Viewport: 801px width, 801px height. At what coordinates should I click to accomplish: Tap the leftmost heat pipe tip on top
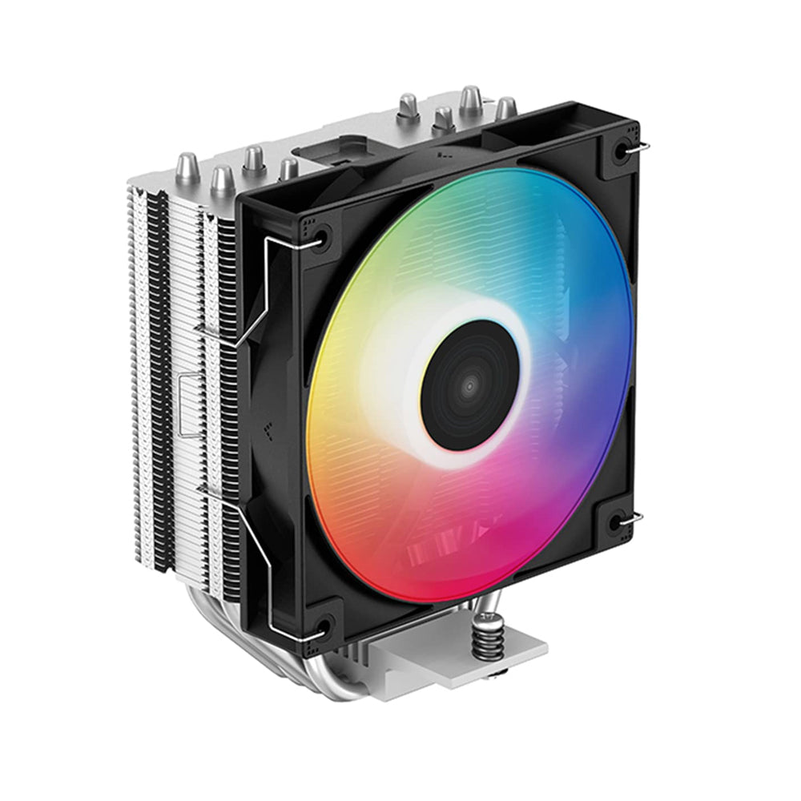(x=187, y=167)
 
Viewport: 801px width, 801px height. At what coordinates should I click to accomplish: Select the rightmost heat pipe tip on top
(x=505, y=107)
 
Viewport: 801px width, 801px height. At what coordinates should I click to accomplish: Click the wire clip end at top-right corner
(x=642, y=147)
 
